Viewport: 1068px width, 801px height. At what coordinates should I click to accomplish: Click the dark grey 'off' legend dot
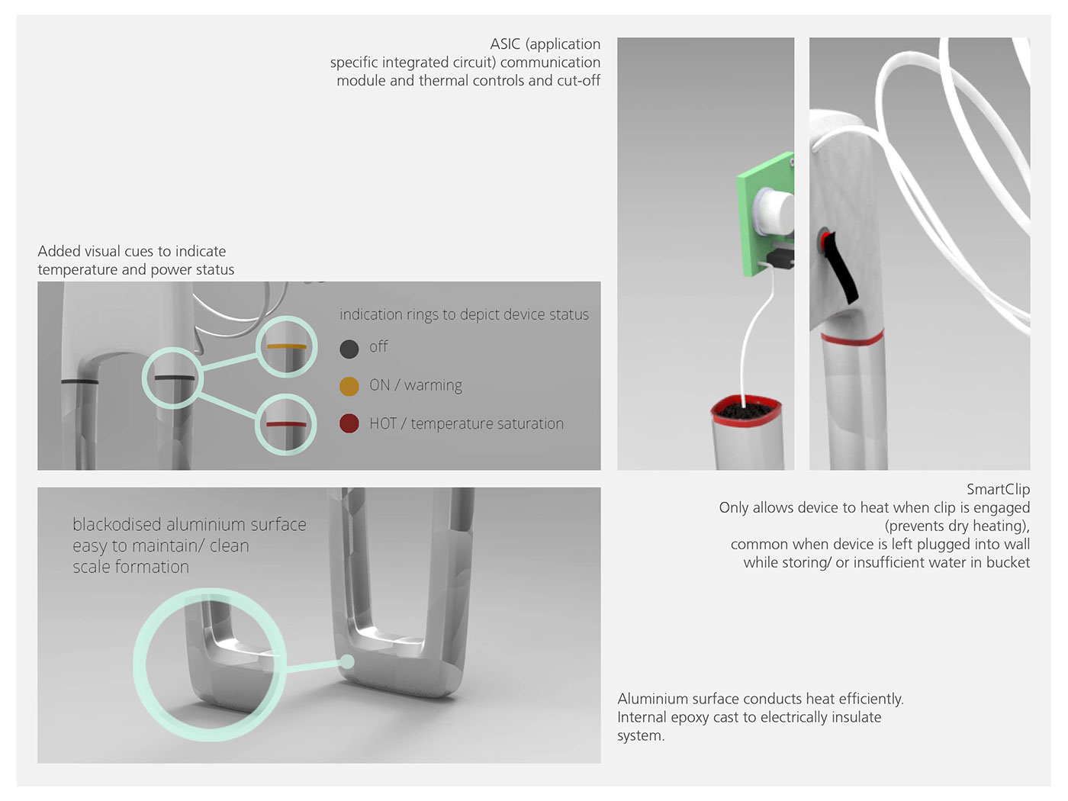coord(349,349)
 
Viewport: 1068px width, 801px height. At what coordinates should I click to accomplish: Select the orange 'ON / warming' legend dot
coord(349,386)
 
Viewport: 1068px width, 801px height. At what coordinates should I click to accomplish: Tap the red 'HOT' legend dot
coord(349,423)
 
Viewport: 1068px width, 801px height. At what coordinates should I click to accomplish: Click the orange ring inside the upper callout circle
coord(287,347)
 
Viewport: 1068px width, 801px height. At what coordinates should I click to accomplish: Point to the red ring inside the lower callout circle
coord(286,424)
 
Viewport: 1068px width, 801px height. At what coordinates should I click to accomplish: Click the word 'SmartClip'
coord(998,489)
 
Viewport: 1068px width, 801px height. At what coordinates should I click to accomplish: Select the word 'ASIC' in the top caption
coord(505,44)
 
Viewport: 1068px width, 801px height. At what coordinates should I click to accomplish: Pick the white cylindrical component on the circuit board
coord(774,212)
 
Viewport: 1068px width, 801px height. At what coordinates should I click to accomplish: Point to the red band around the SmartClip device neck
coord(852,337)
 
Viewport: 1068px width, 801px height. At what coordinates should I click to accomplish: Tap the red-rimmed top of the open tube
coord(746,410)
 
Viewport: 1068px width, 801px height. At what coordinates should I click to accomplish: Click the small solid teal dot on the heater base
coord(347,661)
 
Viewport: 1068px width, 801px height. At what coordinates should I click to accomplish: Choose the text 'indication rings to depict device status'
coord(464,314)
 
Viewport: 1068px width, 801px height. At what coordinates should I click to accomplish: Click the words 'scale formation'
coord(131,567)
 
